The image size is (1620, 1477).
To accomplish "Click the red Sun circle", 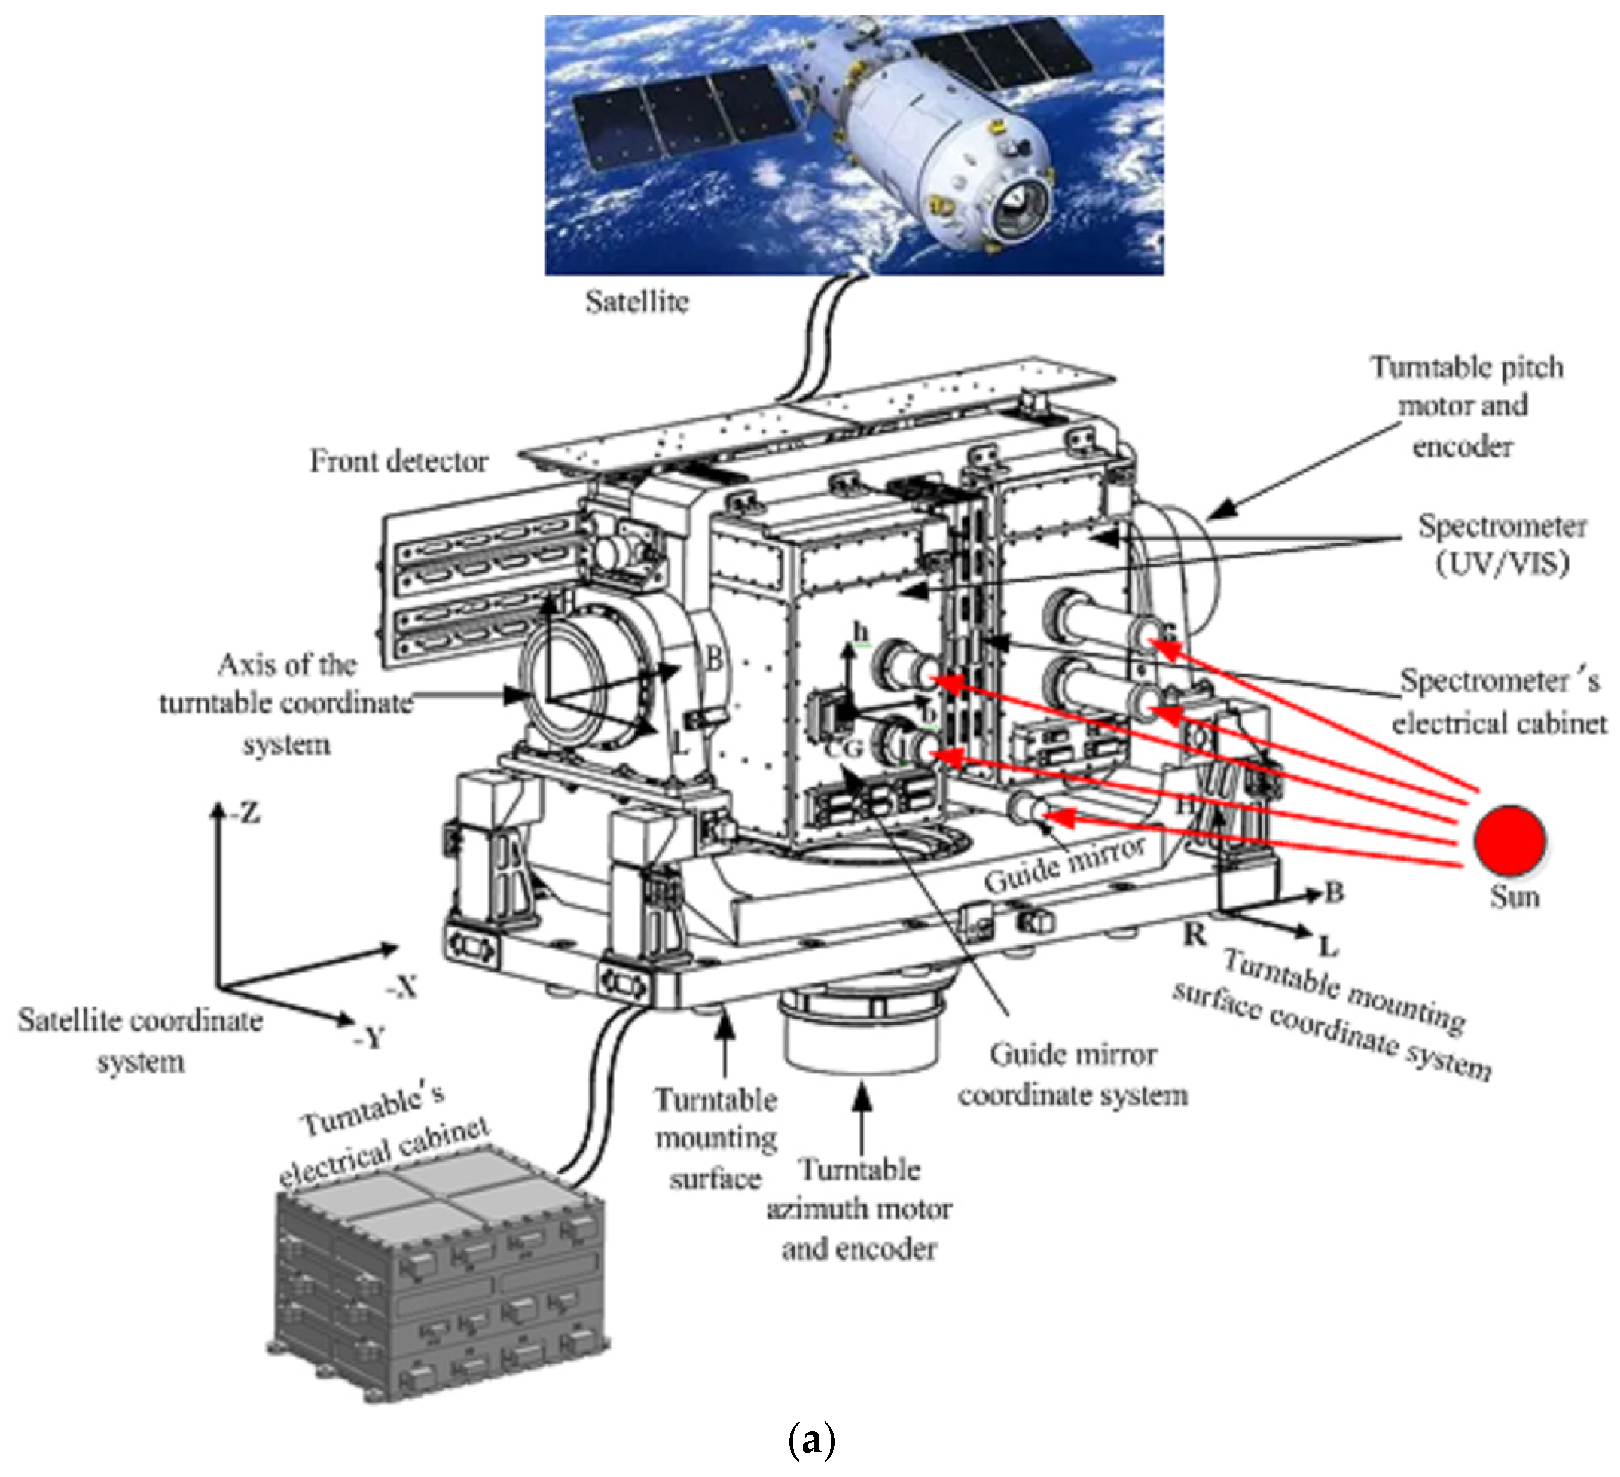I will click(1509, 840).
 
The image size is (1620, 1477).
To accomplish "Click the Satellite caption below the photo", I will click(637, 302).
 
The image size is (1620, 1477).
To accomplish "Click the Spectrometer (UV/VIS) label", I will click(1501, 544).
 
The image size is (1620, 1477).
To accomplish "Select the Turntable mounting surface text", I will click(715, 1139).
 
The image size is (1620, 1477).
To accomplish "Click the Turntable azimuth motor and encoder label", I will click(859, 1209).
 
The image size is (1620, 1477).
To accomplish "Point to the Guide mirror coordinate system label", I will click(1073, 1075).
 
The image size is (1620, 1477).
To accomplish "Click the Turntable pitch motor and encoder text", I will click(1466, 406).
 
